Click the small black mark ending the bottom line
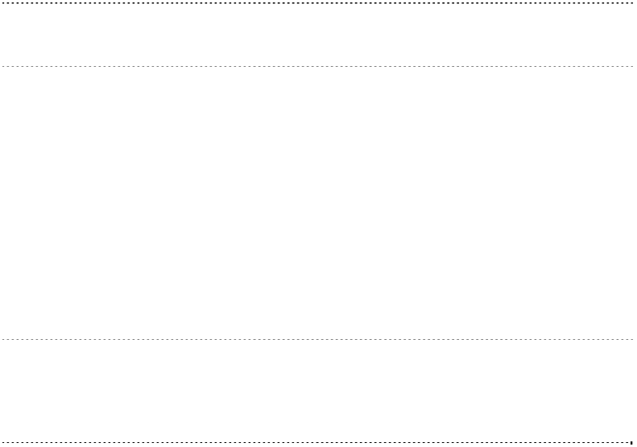point(631,442)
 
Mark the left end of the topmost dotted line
point(2,3)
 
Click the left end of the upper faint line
point(2,66)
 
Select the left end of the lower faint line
point(2,340)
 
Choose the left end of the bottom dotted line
point(2,442)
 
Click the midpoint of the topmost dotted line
point(318,3)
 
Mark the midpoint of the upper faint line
point(318,66)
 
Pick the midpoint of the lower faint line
point(318,340)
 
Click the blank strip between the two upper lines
point(318,35)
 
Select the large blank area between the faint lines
point(318,201)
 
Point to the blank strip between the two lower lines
point(318,391)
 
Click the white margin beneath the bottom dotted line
point(318,445)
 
